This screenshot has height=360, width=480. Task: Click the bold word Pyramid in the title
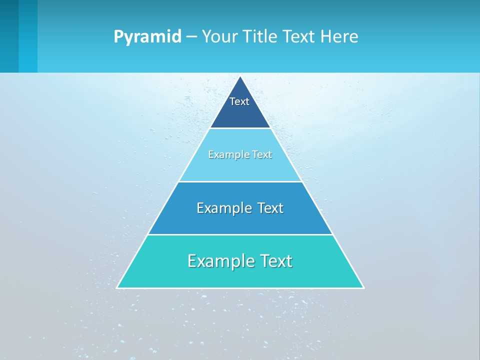click(x=147, y=37)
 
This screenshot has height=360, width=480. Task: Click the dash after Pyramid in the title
click(x=191, y=37)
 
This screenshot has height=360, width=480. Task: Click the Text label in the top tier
click(x=239, y=101)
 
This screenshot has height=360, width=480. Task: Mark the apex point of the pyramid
click(x=240, y=76)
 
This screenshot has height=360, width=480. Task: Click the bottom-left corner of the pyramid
click(x=117, y=287)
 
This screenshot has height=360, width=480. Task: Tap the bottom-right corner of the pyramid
click(x=363, y=287)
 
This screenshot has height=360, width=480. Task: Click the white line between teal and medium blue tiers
click(x=240, y=234)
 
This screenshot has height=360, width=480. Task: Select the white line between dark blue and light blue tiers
click(x=240, y=128)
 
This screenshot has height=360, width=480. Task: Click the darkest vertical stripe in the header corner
click(x=9, y=36)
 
